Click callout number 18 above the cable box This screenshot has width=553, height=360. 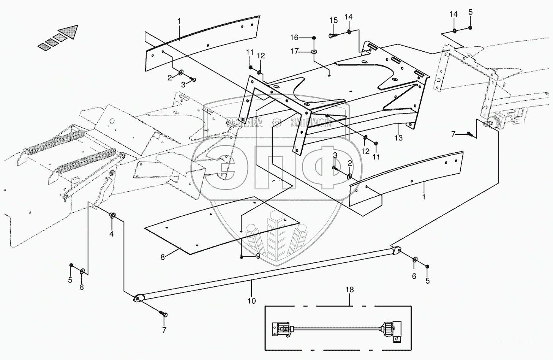coord(349,290)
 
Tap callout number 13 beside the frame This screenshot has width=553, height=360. coord(398,138)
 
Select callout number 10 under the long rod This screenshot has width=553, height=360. coord(251,301)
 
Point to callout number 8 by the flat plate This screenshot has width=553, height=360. coord(163,257)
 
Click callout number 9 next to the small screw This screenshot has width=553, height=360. coord(258,256)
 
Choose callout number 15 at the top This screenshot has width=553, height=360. coord(333,20)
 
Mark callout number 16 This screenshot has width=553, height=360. coord(295,37)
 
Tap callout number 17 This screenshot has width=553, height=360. coord(295,51)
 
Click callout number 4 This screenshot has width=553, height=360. coord(111,234)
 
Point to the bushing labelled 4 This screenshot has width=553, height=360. coord(113,216)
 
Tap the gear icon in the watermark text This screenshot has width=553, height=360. coord(276,122)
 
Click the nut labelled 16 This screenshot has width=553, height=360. coord(314,37)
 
